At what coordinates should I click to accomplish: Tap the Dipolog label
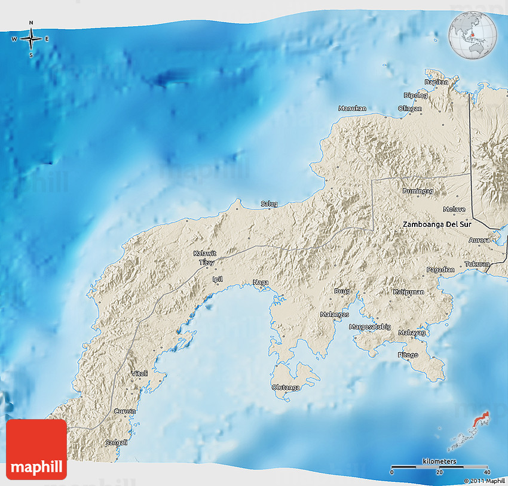[x=416, y=95]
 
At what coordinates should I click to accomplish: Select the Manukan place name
[x=352, y=109]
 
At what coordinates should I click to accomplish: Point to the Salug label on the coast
[x=270, y=204]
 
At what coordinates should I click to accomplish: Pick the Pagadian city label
[x=440, y=270]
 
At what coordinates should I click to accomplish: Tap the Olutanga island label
[x=286, y=387]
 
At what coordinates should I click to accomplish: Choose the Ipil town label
[x=217, y=279]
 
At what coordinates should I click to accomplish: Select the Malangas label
[x=333, y=313]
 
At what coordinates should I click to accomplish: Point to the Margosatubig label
[x=370, y=327]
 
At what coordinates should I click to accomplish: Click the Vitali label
[x=139, y=374]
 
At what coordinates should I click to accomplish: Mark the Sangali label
[x=117, y=442]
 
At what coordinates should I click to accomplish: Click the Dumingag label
[x=417, y=191]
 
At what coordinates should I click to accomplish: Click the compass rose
[x=31, y=39]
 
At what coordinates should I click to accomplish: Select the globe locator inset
[x=472, y=35]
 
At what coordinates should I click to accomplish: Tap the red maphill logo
[x=37, y=450]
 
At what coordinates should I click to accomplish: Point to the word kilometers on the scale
[x=439, y=462]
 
